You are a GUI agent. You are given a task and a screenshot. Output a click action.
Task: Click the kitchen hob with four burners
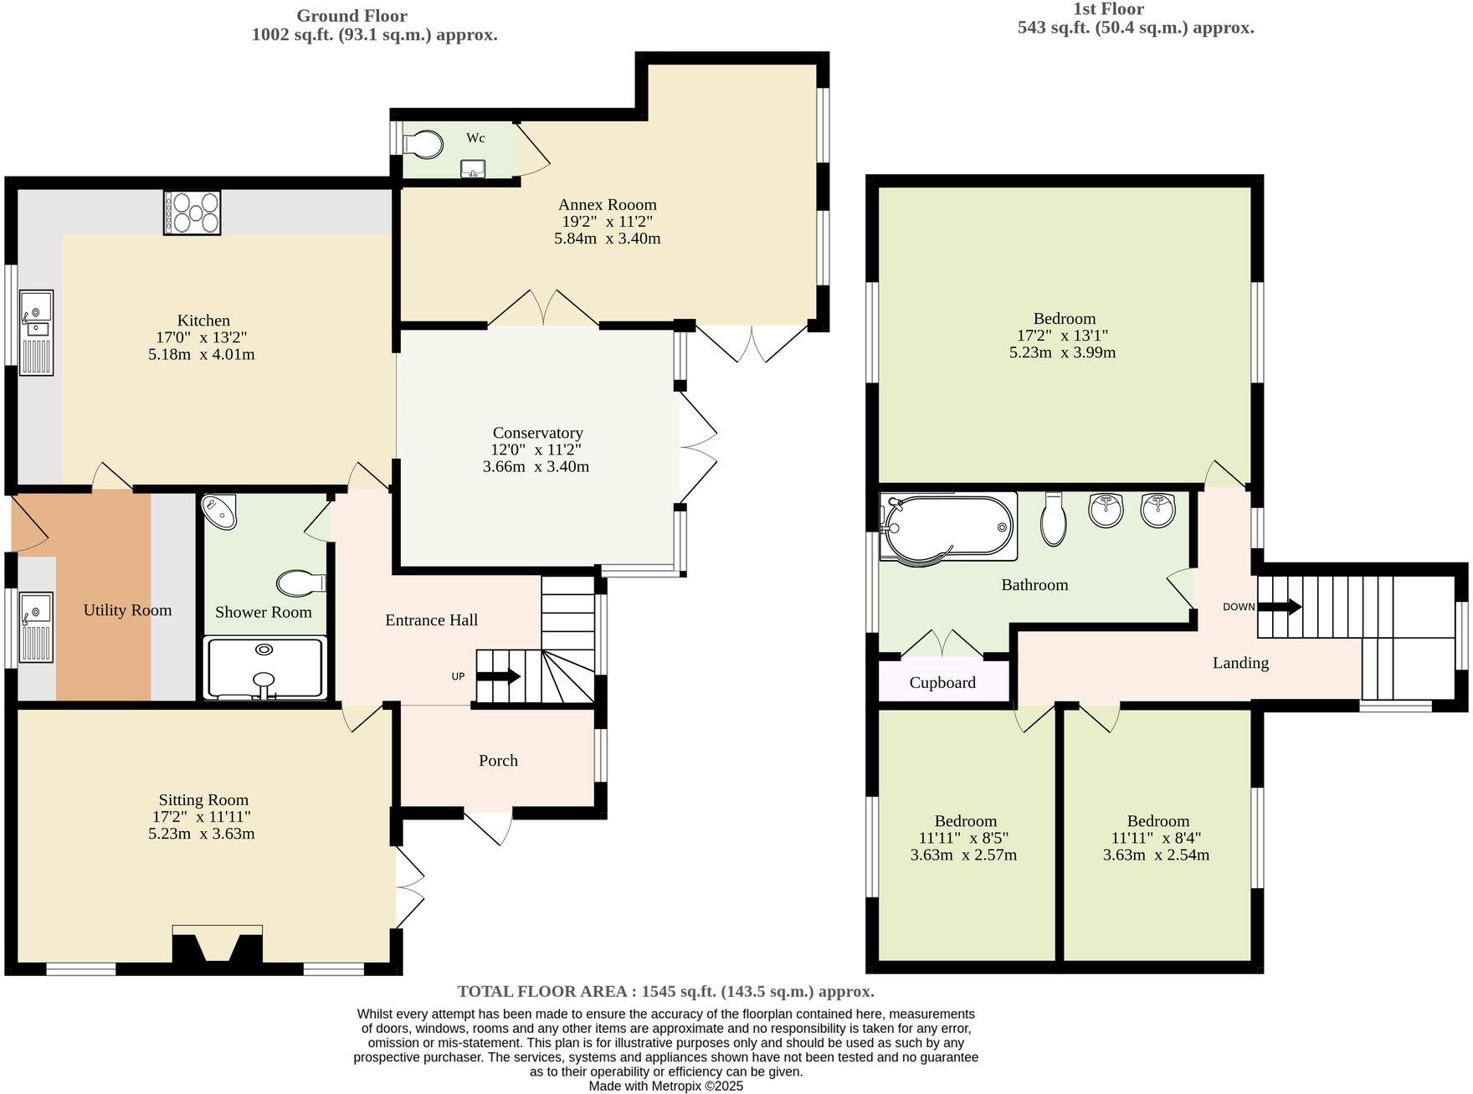pyautogui.click(x=192, y=212)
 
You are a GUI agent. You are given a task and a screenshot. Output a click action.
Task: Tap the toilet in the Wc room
pyautogui.click(x=423, y=144)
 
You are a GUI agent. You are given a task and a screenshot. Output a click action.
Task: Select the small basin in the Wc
pyautogui.click(x=473, y=169)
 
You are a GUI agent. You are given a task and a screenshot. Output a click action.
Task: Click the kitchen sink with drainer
pyautogui.click(x=36, y=331)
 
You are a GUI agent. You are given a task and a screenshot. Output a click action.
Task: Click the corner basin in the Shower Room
pyautogui.click(x=220, y=511)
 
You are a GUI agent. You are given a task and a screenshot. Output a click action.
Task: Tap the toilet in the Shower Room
pyautogui.click(x=300, y=582)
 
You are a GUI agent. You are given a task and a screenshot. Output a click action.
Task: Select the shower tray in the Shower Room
pyautogui.click(x=264, y=668)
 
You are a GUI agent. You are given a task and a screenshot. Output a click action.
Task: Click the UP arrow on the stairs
pyautogui.click(x=500, y=676)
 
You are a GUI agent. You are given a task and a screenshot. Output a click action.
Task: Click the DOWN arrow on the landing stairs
pyautogui.click(x=1281, y=606)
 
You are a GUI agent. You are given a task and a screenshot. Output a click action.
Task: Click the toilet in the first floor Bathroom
pyautogui.click(x=1054, y=520)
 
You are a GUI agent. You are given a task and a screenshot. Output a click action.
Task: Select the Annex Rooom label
pyautogui.click(x=608, y=204)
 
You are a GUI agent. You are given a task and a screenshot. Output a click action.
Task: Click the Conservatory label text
pyautogui.click(x=537, y=433)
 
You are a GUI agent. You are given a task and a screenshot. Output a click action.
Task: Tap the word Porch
pyautogui.click(x=498, y=760)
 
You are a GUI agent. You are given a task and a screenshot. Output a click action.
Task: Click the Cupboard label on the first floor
pyautogui.click(x=942, y=682)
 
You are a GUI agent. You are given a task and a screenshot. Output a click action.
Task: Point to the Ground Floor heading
pyautogui.click(x=352, y=16)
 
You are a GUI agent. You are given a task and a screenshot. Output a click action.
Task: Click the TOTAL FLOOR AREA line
pyautogui.click(x=665, y=991)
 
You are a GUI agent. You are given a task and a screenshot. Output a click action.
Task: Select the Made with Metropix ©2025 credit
pyautogui.click(x=665, y=1086)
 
